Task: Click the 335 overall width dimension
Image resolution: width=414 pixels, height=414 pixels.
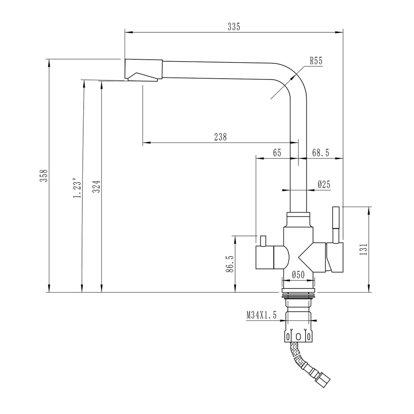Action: point(234,27)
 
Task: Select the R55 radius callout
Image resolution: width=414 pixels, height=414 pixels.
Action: point(316,61)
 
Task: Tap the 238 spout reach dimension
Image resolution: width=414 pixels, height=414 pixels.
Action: point(220,137)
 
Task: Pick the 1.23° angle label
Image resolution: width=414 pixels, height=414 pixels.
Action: point(77,188)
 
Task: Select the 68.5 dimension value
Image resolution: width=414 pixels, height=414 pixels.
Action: point(320,153)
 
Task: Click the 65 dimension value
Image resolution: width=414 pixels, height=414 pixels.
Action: point(277,153)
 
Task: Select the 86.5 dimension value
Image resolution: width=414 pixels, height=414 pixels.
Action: point(230,264)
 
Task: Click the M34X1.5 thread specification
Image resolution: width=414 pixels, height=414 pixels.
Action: point(261,315)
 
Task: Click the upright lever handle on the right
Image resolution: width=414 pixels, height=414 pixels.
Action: point(336,224)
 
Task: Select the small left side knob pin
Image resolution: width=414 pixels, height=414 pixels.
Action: point(262,240)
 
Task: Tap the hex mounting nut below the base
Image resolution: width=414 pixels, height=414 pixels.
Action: point(298,335)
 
